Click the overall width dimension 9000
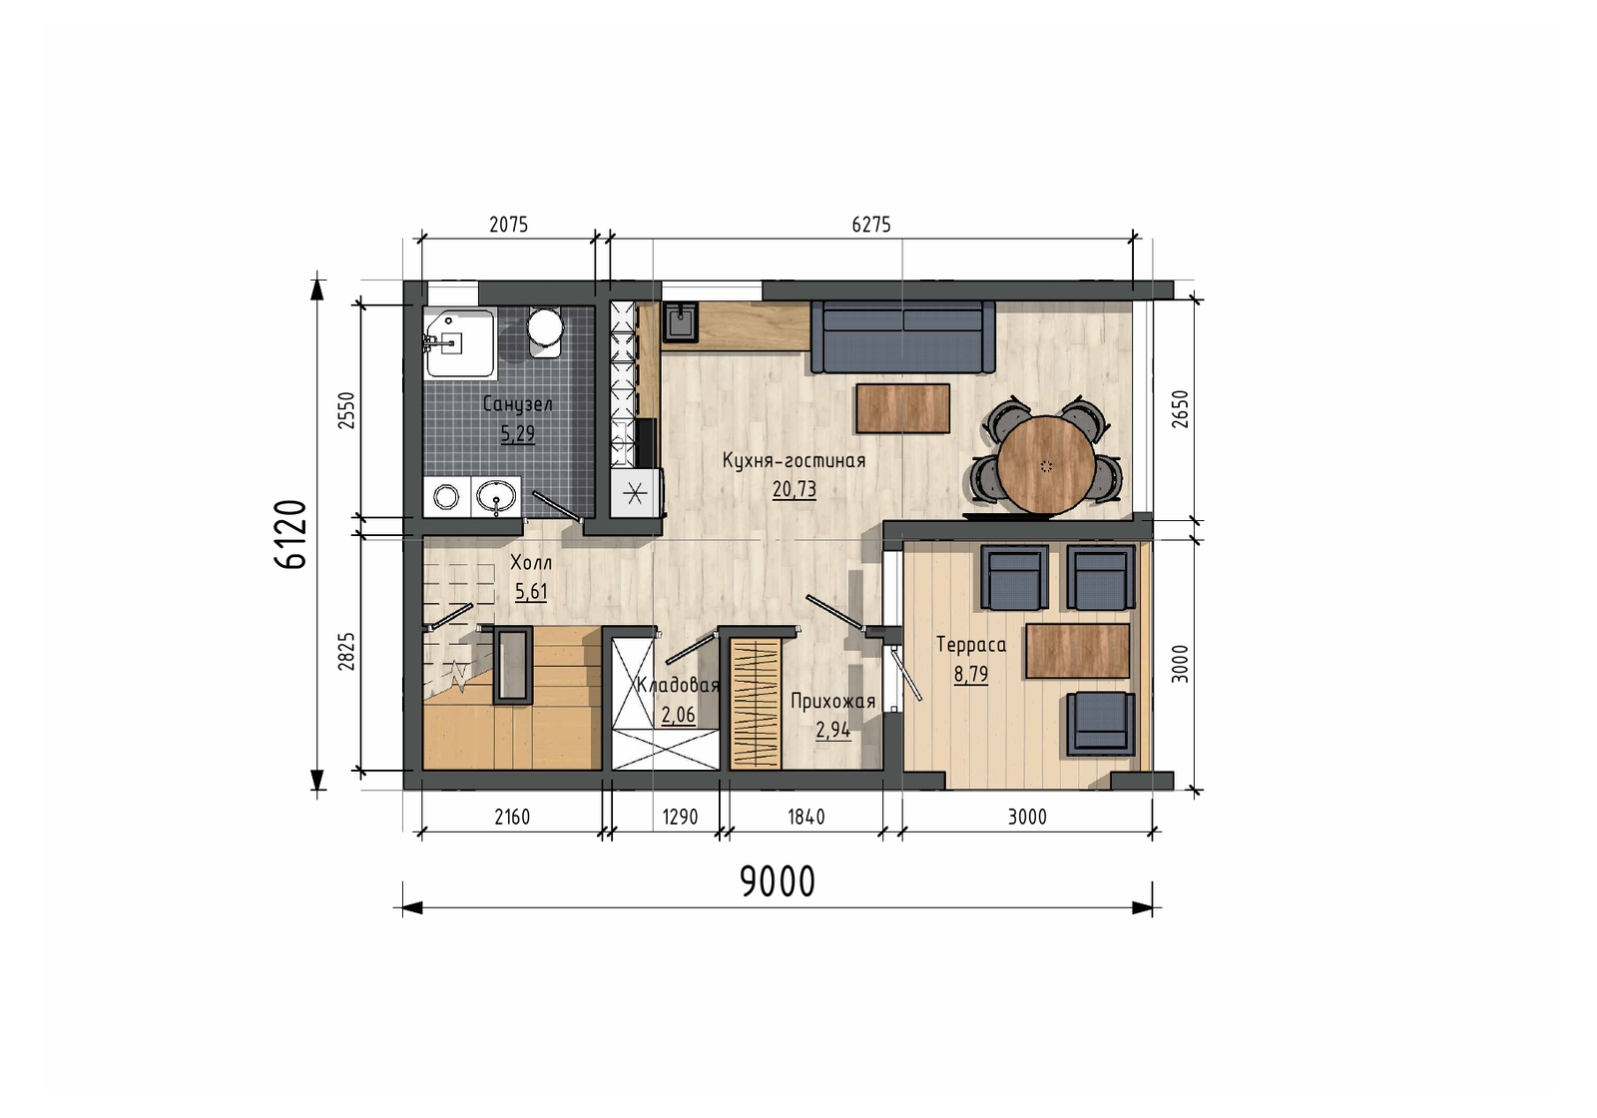778,881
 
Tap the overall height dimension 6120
290,534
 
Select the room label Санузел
518,404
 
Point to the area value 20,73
795,489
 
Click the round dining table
1046,464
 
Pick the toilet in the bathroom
545,331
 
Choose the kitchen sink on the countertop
681,320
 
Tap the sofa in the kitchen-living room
902,336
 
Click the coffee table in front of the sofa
902,408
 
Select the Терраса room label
971,645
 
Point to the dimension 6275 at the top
871,225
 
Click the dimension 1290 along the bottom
680,817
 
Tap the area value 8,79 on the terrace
971,674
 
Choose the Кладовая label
678,685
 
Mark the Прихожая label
832,702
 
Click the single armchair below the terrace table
1101,723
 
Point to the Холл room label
531,563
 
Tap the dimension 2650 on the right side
1181,408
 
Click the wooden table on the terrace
1077,651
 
